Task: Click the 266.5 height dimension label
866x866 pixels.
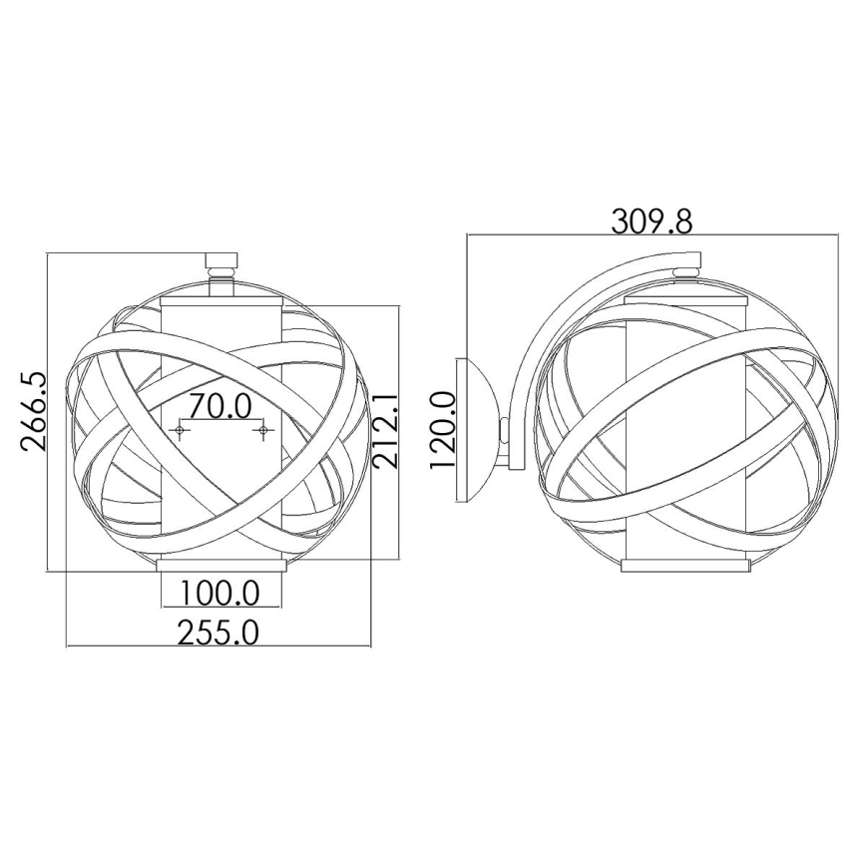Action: (x=32, y=413)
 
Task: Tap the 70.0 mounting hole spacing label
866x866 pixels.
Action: (x=220, y=407)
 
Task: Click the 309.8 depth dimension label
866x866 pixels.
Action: (x=651, y=220)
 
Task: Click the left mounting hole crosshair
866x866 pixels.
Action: (x=181, y=431)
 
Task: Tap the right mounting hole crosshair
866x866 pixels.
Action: (x=262, y=431)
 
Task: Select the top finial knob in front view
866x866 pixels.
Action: (x=220, y=266)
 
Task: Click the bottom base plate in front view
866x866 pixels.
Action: (x=220, y=567)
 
